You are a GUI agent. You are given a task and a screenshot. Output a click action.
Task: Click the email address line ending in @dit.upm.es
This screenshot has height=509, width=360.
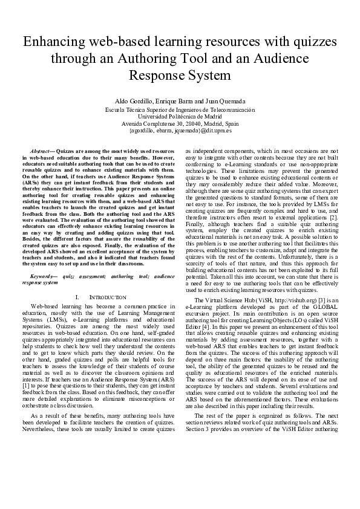pyautogui.click(x=180, y=130)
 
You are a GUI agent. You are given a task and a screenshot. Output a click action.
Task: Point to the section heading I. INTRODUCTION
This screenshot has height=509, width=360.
pyautogui.click(x=100, y=297)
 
